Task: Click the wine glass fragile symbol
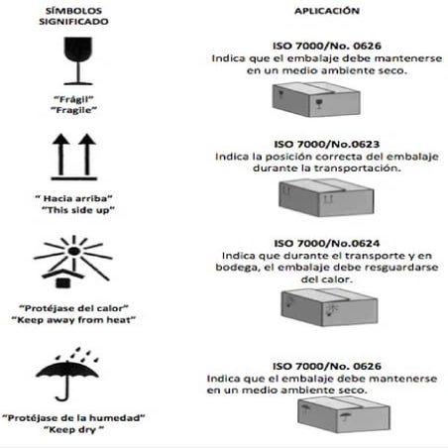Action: (x=78, y=60)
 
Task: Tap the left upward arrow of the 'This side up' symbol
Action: (x=60, y=155)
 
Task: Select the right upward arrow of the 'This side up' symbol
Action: (x=87, y=155)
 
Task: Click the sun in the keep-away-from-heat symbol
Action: (x=73, y=252)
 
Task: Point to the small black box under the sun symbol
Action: (x=63, y=282)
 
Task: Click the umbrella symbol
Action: (x=67, y=374)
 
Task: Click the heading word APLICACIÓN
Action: (x=327, y=11)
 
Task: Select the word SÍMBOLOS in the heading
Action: (x=73, y=11)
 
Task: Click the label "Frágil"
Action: (x=73, y=99)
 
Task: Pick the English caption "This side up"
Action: (x=78, y=210)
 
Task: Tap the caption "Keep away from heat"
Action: (x=73, y=320)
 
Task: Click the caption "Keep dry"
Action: (x=74, y=429)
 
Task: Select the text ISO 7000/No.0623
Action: (x=327, y=144)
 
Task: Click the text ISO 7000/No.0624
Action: (x=327, y=244)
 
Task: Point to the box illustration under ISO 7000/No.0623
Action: (x=326, y=197)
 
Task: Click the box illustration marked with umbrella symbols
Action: (x=344, y=414)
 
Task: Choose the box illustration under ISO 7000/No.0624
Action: (x=329, y=307)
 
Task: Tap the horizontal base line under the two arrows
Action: (x=74, y=178)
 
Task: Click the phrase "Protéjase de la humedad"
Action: (x=73, y=418)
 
